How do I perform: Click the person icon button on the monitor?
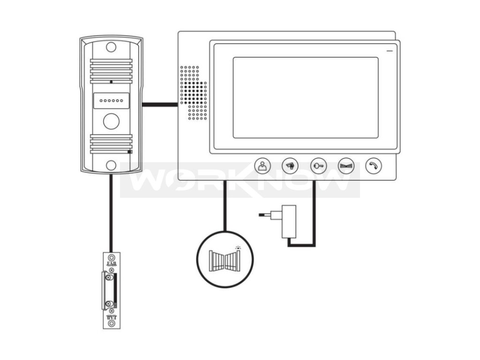point(262,165)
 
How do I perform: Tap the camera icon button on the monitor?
point(290,165)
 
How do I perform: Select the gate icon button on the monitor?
point(346,165)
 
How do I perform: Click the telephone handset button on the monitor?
point(374,165)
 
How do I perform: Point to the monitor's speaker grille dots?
point(193,92)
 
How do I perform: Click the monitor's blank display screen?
point(305,97)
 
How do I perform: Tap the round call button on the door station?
point(111,121)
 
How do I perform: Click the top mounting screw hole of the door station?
point(111,47)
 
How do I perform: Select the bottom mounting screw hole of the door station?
point(111,165)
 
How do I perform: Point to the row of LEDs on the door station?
point(111,101)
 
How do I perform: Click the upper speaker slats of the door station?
point(111,71)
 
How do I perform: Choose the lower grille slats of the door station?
point(111,144)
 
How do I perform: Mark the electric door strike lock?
point(111,291)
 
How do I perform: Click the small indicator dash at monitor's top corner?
point(389,50)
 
